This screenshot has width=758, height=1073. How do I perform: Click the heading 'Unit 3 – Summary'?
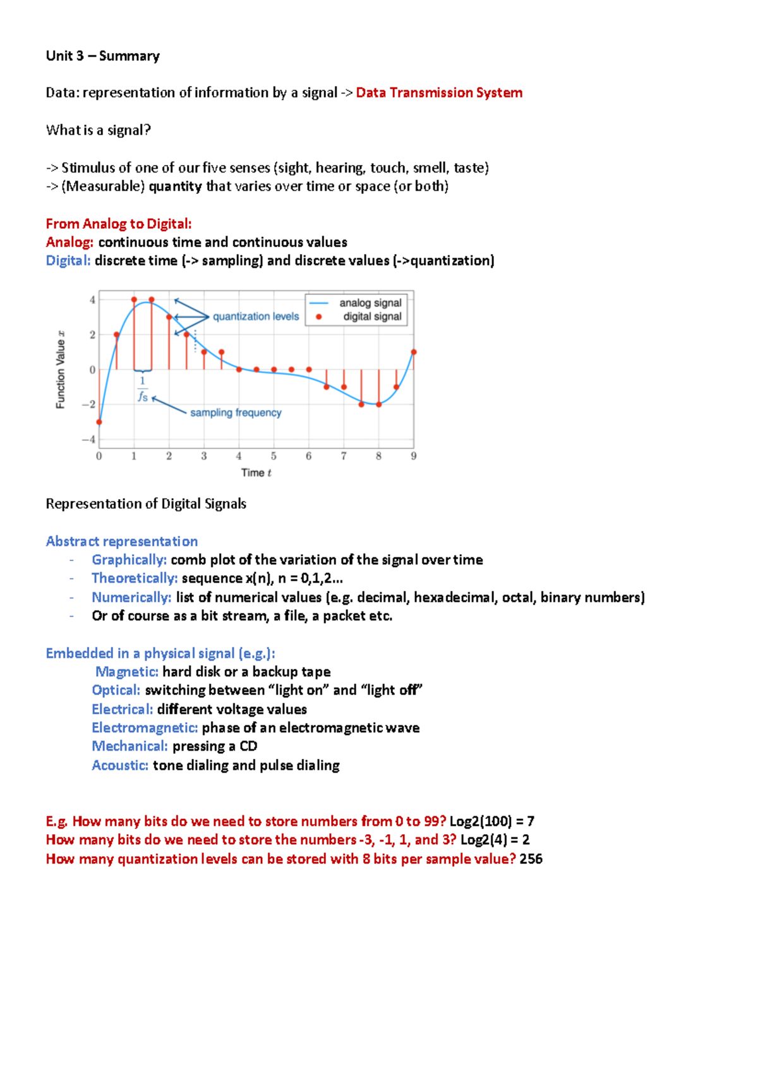102,56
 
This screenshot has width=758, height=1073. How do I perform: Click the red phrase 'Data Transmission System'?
439,93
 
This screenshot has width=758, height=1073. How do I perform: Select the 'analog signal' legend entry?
370,303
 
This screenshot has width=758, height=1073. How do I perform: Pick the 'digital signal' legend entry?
372,317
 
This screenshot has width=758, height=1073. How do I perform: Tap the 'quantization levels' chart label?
256,317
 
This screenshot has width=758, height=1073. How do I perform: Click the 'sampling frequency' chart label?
236,413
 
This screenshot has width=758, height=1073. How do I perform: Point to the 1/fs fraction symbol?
143,389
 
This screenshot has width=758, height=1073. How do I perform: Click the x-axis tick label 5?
274,456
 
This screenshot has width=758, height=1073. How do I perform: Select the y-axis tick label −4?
89,439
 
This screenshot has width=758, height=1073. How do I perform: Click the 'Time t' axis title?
256,473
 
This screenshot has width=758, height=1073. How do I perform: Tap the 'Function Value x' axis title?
61,370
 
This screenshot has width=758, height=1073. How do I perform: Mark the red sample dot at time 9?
414,352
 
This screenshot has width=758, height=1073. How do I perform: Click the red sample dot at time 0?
99,422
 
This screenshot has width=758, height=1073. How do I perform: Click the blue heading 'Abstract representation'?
122,542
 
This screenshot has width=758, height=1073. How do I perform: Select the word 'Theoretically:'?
135,578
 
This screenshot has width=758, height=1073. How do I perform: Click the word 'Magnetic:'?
127,672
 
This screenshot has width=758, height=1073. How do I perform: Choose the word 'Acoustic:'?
120,765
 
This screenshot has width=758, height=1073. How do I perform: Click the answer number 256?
531,859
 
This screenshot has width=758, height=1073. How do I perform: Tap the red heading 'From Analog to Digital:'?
119,224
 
